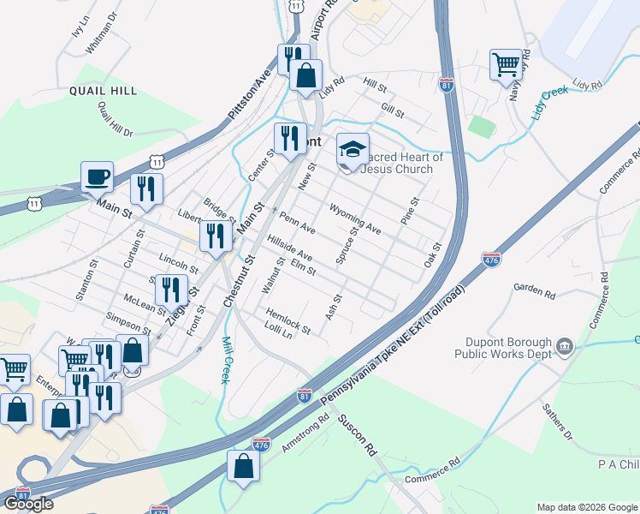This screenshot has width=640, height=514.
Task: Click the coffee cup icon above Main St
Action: point(97,176)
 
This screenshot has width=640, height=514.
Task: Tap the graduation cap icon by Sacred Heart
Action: point(352,149)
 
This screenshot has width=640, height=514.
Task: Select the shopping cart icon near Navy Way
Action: point(506,63)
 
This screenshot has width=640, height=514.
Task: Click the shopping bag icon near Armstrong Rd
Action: point(243,467)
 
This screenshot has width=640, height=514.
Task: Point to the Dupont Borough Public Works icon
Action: point(564,346)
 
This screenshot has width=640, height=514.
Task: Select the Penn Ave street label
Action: point(297,224)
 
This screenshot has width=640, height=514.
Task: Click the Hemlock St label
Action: point(287,320)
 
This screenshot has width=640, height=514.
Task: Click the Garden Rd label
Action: point(534,290)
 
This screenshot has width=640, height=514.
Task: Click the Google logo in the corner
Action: point(28,504)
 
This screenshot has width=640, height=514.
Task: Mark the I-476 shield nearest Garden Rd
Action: point(491,259)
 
